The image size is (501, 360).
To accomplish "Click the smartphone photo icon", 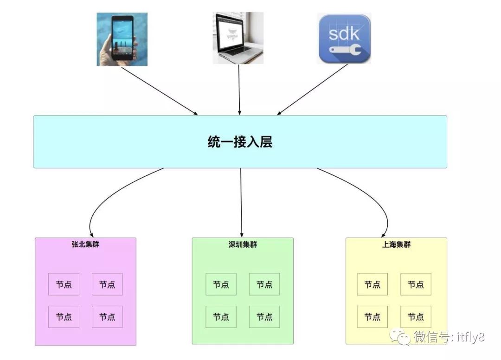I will [x=122, y=39].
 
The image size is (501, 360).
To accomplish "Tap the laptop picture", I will [x=238, y=38].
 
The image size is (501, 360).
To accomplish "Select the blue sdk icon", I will [x=345, y=39].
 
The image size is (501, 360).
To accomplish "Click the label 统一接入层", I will [x=240, y=141].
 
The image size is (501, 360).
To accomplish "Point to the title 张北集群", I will [x=85, y=244].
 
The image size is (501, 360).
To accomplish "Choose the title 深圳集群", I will [x=243, y=244].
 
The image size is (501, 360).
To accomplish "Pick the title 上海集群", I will [x=396, y=244].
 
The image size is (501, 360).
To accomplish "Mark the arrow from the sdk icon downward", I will [x=313, y=90].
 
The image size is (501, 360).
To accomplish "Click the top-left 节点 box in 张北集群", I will [x=64, y=284].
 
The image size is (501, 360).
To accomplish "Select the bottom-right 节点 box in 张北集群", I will [x=107, y=317].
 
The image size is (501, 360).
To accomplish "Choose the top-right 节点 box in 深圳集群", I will [x=264, y=284].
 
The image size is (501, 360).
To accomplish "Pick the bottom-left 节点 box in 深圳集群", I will [x=221, y=317].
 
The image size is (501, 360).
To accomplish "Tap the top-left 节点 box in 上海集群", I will [x=372, y=284].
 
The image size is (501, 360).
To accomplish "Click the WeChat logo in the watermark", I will [x=399, y=336].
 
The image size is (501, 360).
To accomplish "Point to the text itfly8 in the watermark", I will [x=469, y=337].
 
